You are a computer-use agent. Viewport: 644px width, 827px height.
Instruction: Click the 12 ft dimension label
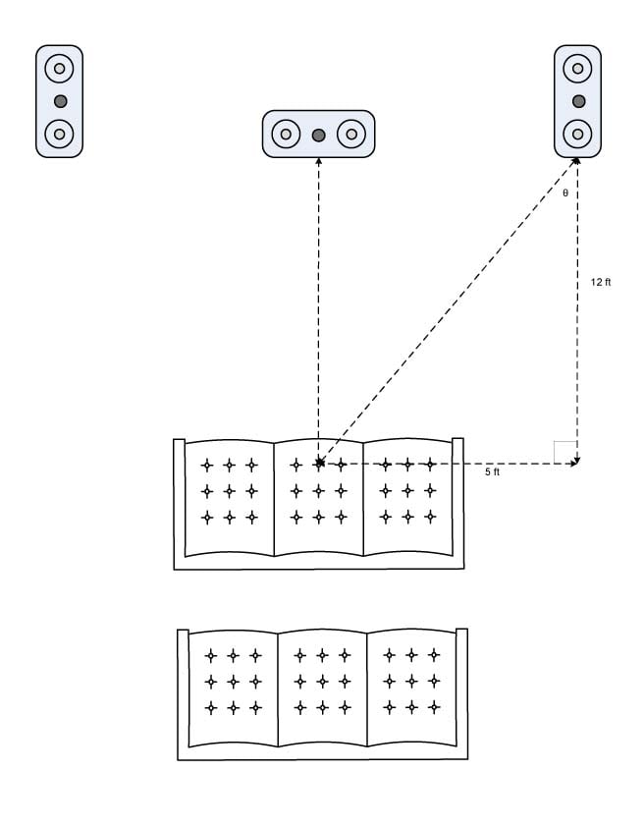[x=601, y=282]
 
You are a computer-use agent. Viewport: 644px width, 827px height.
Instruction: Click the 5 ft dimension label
[x=493, y=472]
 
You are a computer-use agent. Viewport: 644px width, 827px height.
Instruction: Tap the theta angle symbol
[x=565, y=193]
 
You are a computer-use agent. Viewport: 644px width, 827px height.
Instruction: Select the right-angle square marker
[x=565, y=452]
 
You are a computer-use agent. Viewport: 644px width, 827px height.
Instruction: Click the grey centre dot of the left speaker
[x=60, y=101]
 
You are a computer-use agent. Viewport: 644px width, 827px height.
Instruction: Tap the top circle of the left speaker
[x=60, y=70]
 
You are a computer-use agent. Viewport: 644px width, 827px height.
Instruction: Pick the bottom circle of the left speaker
[x=60, y=133]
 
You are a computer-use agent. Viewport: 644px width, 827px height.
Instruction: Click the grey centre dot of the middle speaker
[x=318, y=134]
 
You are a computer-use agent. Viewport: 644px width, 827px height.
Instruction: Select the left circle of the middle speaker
[x=286, y=134]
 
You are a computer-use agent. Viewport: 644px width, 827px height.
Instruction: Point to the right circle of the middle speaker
[x=350, y=134]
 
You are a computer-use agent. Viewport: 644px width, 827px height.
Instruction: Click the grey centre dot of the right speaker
[x=578, y=101]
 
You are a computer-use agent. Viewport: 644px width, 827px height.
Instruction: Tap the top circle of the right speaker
[x=578, y=70]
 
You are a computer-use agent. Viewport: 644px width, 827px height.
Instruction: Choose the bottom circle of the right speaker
[x=578, y=133]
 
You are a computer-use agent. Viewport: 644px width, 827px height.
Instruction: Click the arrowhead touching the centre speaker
[x=318, y=160]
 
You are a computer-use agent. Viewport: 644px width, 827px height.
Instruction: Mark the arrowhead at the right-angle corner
[x=575, y=463]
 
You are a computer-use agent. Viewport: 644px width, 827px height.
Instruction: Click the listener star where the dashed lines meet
[x=318, y=464]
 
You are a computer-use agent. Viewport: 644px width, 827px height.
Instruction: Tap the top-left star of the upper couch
[x=206, y=465]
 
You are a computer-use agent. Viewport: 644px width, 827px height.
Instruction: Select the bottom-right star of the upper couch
[x=430, y=516]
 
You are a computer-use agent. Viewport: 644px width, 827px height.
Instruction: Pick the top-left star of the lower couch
[x=210, y=655]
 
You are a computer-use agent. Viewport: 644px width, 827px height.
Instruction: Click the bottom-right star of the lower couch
[x=434, y=706]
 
